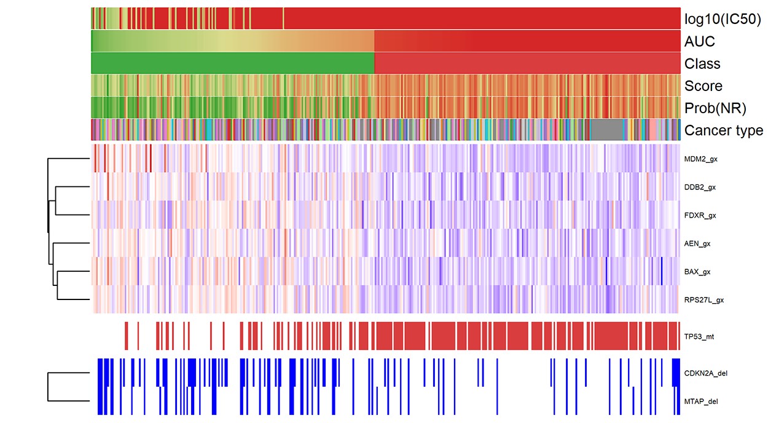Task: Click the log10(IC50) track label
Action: [x=723, y=20]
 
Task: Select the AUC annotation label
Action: [x=700, y=42]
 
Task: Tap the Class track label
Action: [x=702, y=64]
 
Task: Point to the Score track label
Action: [x=703, y=86]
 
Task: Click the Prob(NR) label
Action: [x=715, y=109]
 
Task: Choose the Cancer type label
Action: [x=724, y=130]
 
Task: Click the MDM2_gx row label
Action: [x=700, y=159]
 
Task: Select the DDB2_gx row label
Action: [x=700, y=187]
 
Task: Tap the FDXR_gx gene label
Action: [x=700, y=215]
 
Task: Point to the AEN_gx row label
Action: [x=697, y=243]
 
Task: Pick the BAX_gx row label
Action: [x=697, y=272]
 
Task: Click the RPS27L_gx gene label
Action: [x=703, y=300]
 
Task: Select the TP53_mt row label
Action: [x=699, y=336]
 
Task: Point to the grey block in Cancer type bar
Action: [x=606, y=130]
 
